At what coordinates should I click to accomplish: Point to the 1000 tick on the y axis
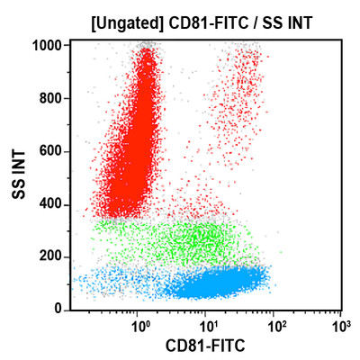(x=46, y=45)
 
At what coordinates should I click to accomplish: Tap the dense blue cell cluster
(x=216, y=284)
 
